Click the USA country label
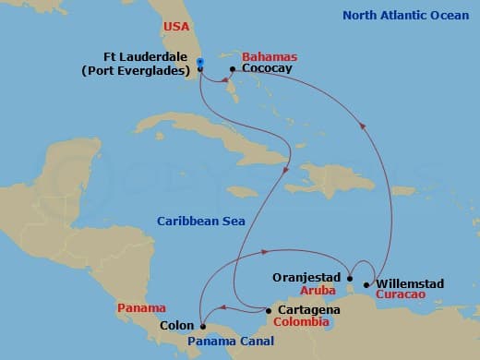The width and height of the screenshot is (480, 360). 176,28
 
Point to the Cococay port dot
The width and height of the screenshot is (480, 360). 232,68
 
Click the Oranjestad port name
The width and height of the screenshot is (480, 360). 307,276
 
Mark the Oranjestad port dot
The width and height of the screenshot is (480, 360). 349,276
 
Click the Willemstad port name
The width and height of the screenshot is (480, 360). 415,283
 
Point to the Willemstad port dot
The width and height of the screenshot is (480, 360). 368,284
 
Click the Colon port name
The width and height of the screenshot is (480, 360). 175,325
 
